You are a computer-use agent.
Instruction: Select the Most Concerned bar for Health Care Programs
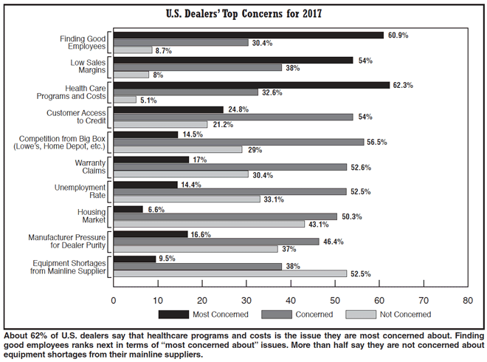tap(252, 85)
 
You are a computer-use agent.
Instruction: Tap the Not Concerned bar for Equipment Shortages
tap(229, 273)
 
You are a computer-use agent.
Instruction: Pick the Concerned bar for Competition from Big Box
tap(238, 142)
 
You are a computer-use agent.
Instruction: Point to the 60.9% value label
tap(397, 35)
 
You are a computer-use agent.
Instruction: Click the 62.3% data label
tap(403, 85)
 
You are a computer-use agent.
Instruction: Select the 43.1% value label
tap(318, 223)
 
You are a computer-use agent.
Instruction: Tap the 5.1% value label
tap(148, 100)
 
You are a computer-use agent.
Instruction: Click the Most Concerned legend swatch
tap(173, 314)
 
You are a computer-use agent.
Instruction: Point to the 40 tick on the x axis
tap(291, 301)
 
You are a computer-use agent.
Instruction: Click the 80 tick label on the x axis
tap(468, 301)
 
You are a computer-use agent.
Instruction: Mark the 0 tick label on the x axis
tap(114, 301)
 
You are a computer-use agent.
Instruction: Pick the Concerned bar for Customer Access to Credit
tap(233, 117)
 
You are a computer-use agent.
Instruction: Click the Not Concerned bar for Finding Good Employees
tap(133, 49)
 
